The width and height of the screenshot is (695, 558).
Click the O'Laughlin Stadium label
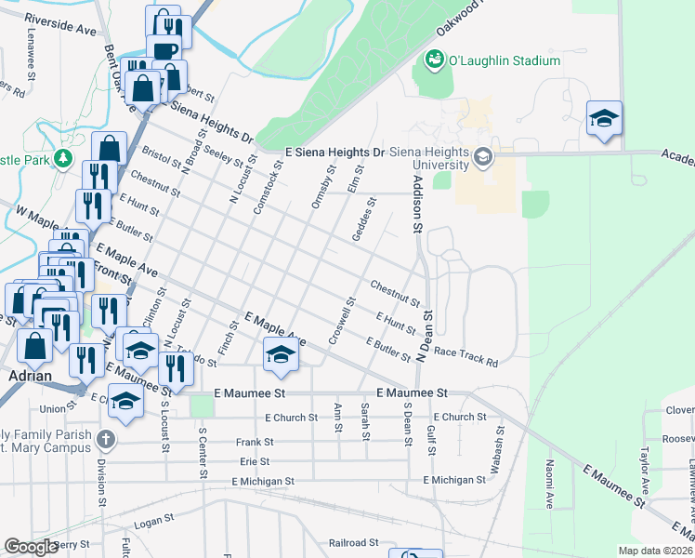point(505,61)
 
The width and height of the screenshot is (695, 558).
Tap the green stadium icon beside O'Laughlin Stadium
point(433,61)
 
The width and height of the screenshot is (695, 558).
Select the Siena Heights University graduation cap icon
point(482,157)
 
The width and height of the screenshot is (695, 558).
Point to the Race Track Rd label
point(466,357)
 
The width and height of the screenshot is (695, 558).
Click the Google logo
point(32,547)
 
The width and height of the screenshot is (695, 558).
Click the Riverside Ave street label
point(60,24)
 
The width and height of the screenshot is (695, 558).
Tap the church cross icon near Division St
point(106,438)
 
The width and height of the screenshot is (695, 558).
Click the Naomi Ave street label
point(550,485)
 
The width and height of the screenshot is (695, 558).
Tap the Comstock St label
point(265,188)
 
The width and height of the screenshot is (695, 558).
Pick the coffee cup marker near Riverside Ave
point(164,51)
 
